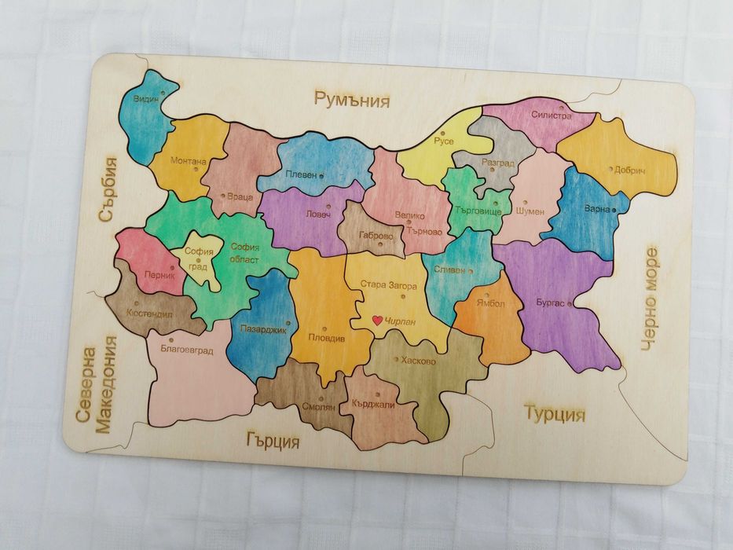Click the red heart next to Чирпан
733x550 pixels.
[378, 321]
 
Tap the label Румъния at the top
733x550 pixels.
[352, 99]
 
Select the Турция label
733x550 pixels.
[555, 414]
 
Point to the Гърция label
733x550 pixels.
[273, 441]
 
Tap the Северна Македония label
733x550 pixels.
[97, 384]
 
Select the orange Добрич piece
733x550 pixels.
[621, 161]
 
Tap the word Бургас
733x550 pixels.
[549, 302]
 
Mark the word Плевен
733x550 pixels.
[300, 174]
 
